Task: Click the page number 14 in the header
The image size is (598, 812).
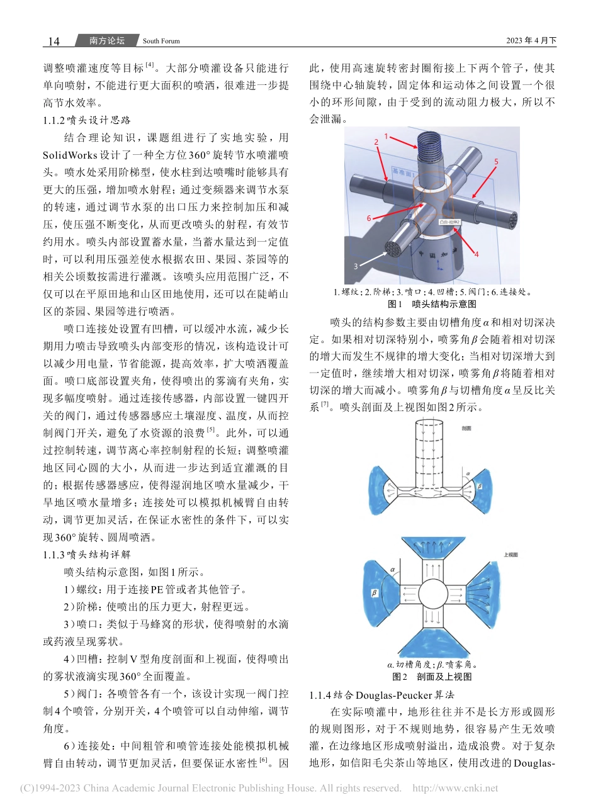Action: [54, 41]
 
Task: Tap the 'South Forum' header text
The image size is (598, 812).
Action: [161, 42]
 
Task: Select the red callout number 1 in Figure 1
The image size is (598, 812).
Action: [386, 135]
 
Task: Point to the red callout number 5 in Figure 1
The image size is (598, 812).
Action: [495, 162]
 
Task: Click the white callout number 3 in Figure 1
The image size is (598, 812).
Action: [355, 266]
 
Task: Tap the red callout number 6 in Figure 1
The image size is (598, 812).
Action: [369, 218]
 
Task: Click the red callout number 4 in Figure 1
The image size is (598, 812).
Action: [477, 254]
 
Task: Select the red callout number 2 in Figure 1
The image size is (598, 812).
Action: [376, 142]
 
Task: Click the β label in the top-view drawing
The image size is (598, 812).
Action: [375, 592]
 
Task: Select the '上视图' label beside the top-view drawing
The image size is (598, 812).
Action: [510, 555]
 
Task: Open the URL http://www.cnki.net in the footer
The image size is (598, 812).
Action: [454, 788]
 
